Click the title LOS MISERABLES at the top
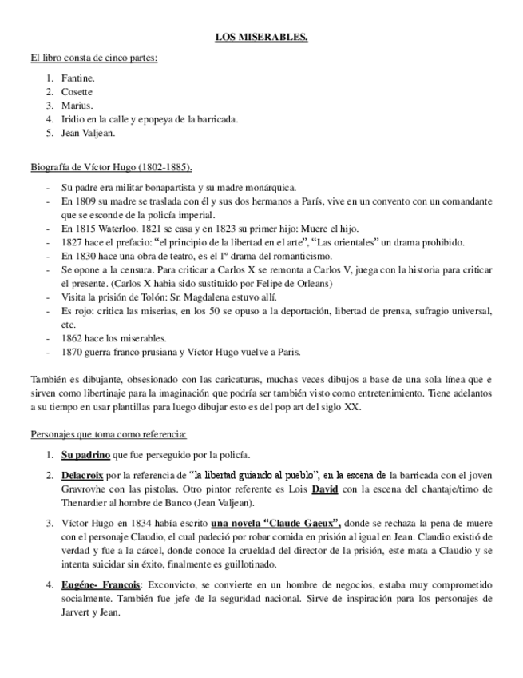point(261,37)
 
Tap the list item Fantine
point(77,78)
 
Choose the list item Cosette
point(77,92)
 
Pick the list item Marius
point(76,106)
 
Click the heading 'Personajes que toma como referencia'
point(109,435)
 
